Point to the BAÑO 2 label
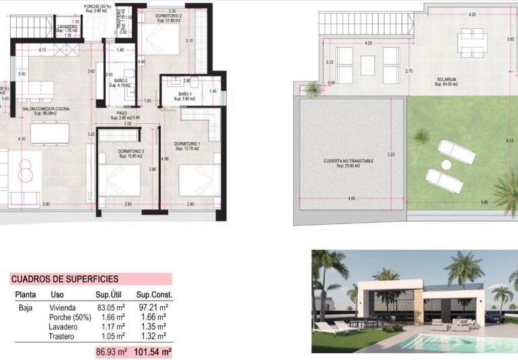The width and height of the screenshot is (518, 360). click(121, 81)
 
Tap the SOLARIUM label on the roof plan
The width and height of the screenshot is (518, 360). click(447, 79)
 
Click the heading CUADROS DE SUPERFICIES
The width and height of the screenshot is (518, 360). click(65, 279)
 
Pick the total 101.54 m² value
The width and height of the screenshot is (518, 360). click(154, 351)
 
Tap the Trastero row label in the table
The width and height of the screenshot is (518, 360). click(63, 336)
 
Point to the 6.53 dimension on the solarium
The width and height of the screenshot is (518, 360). click(509, 140)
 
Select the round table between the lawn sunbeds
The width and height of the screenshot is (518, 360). click(445, 164)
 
